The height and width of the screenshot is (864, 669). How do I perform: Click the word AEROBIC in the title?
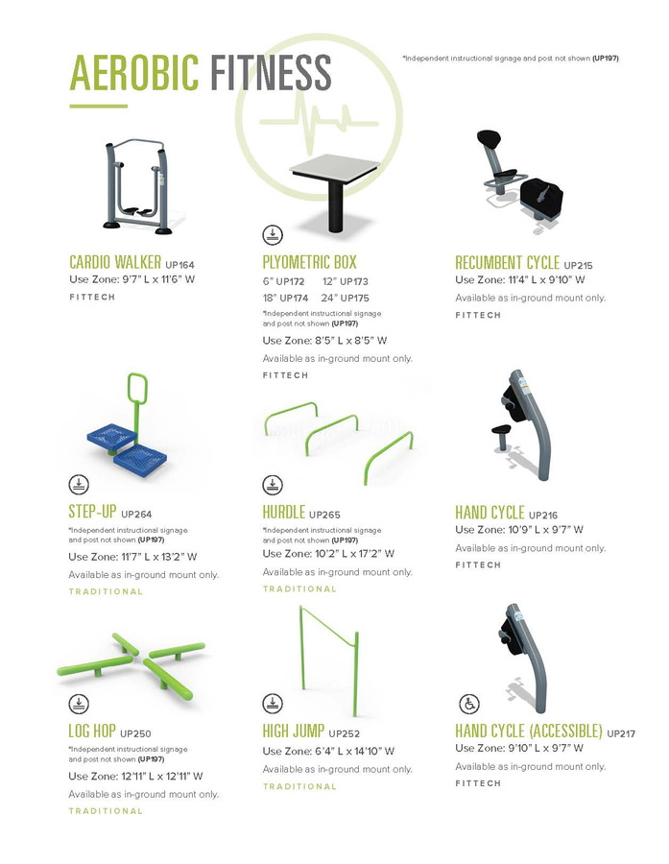(134, 72)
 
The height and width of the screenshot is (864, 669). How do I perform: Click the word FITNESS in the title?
(271, 72)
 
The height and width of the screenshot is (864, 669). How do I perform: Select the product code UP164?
(179, 265)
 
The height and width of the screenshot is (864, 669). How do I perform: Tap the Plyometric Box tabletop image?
(334, 166)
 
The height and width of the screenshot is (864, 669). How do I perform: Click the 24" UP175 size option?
(345, 299)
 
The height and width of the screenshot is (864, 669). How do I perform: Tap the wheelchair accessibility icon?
(469, 704)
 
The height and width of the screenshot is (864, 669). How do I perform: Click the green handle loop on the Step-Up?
(137, 388)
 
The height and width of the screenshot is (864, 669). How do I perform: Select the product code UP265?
(324, 516)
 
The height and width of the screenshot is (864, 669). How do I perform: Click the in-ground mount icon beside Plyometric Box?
(273, 235)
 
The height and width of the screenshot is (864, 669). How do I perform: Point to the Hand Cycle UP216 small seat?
(501, 429)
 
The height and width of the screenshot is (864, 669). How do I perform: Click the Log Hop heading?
(92, 731)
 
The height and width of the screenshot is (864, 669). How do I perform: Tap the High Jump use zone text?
(328, 751)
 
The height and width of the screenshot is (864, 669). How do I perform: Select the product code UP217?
(621, 734)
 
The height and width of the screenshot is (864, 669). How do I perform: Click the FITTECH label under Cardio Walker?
(92, 297)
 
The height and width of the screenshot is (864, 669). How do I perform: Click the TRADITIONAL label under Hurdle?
(299, 589)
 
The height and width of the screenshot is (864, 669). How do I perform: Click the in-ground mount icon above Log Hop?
(79, 704)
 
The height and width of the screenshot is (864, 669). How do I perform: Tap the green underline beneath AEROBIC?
(99, 106)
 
